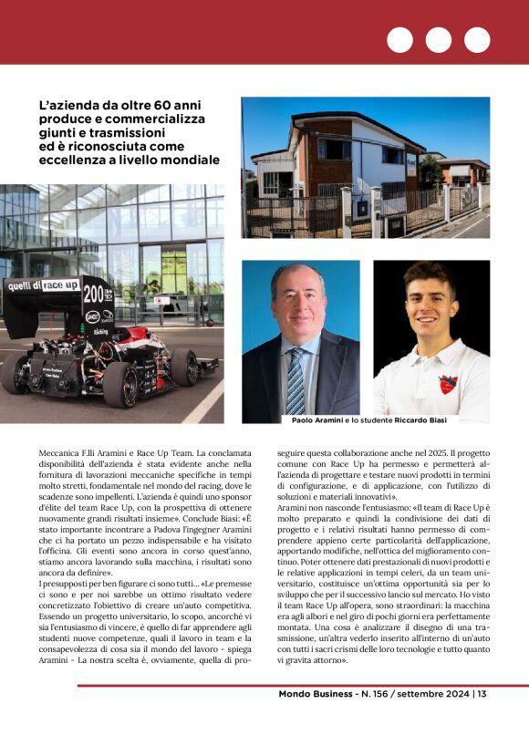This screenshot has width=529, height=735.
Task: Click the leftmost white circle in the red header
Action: (x=399, y=40)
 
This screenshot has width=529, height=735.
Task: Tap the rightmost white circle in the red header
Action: (x=477, y=40)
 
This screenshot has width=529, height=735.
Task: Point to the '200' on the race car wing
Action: (x=94, y=294)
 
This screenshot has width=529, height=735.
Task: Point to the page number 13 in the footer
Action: (x=482, y=694)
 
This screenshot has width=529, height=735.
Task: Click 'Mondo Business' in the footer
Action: (x=318, y=694)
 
